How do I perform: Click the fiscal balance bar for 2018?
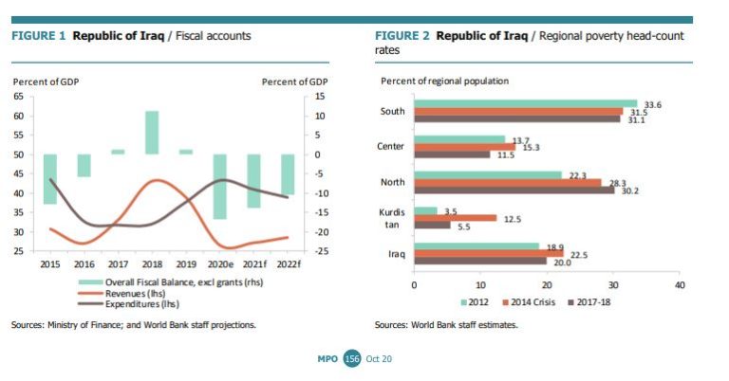[152, 133]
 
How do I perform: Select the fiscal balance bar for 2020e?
[219, 186]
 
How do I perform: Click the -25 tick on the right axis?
[322, 251]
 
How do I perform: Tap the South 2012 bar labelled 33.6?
[525, 103]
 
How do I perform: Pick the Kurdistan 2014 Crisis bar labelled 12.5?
[456, 217]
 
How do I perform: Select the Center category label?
[391, 147]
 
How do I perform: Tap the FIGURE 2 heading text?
[404, 36]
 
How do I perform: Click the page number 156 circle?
[352, 358]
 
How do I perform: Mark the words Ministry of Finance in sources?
[84, 325]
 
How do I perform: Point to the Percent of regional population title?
[444, 82]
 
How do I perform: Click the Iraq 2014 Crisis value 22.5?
[579, 253]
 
